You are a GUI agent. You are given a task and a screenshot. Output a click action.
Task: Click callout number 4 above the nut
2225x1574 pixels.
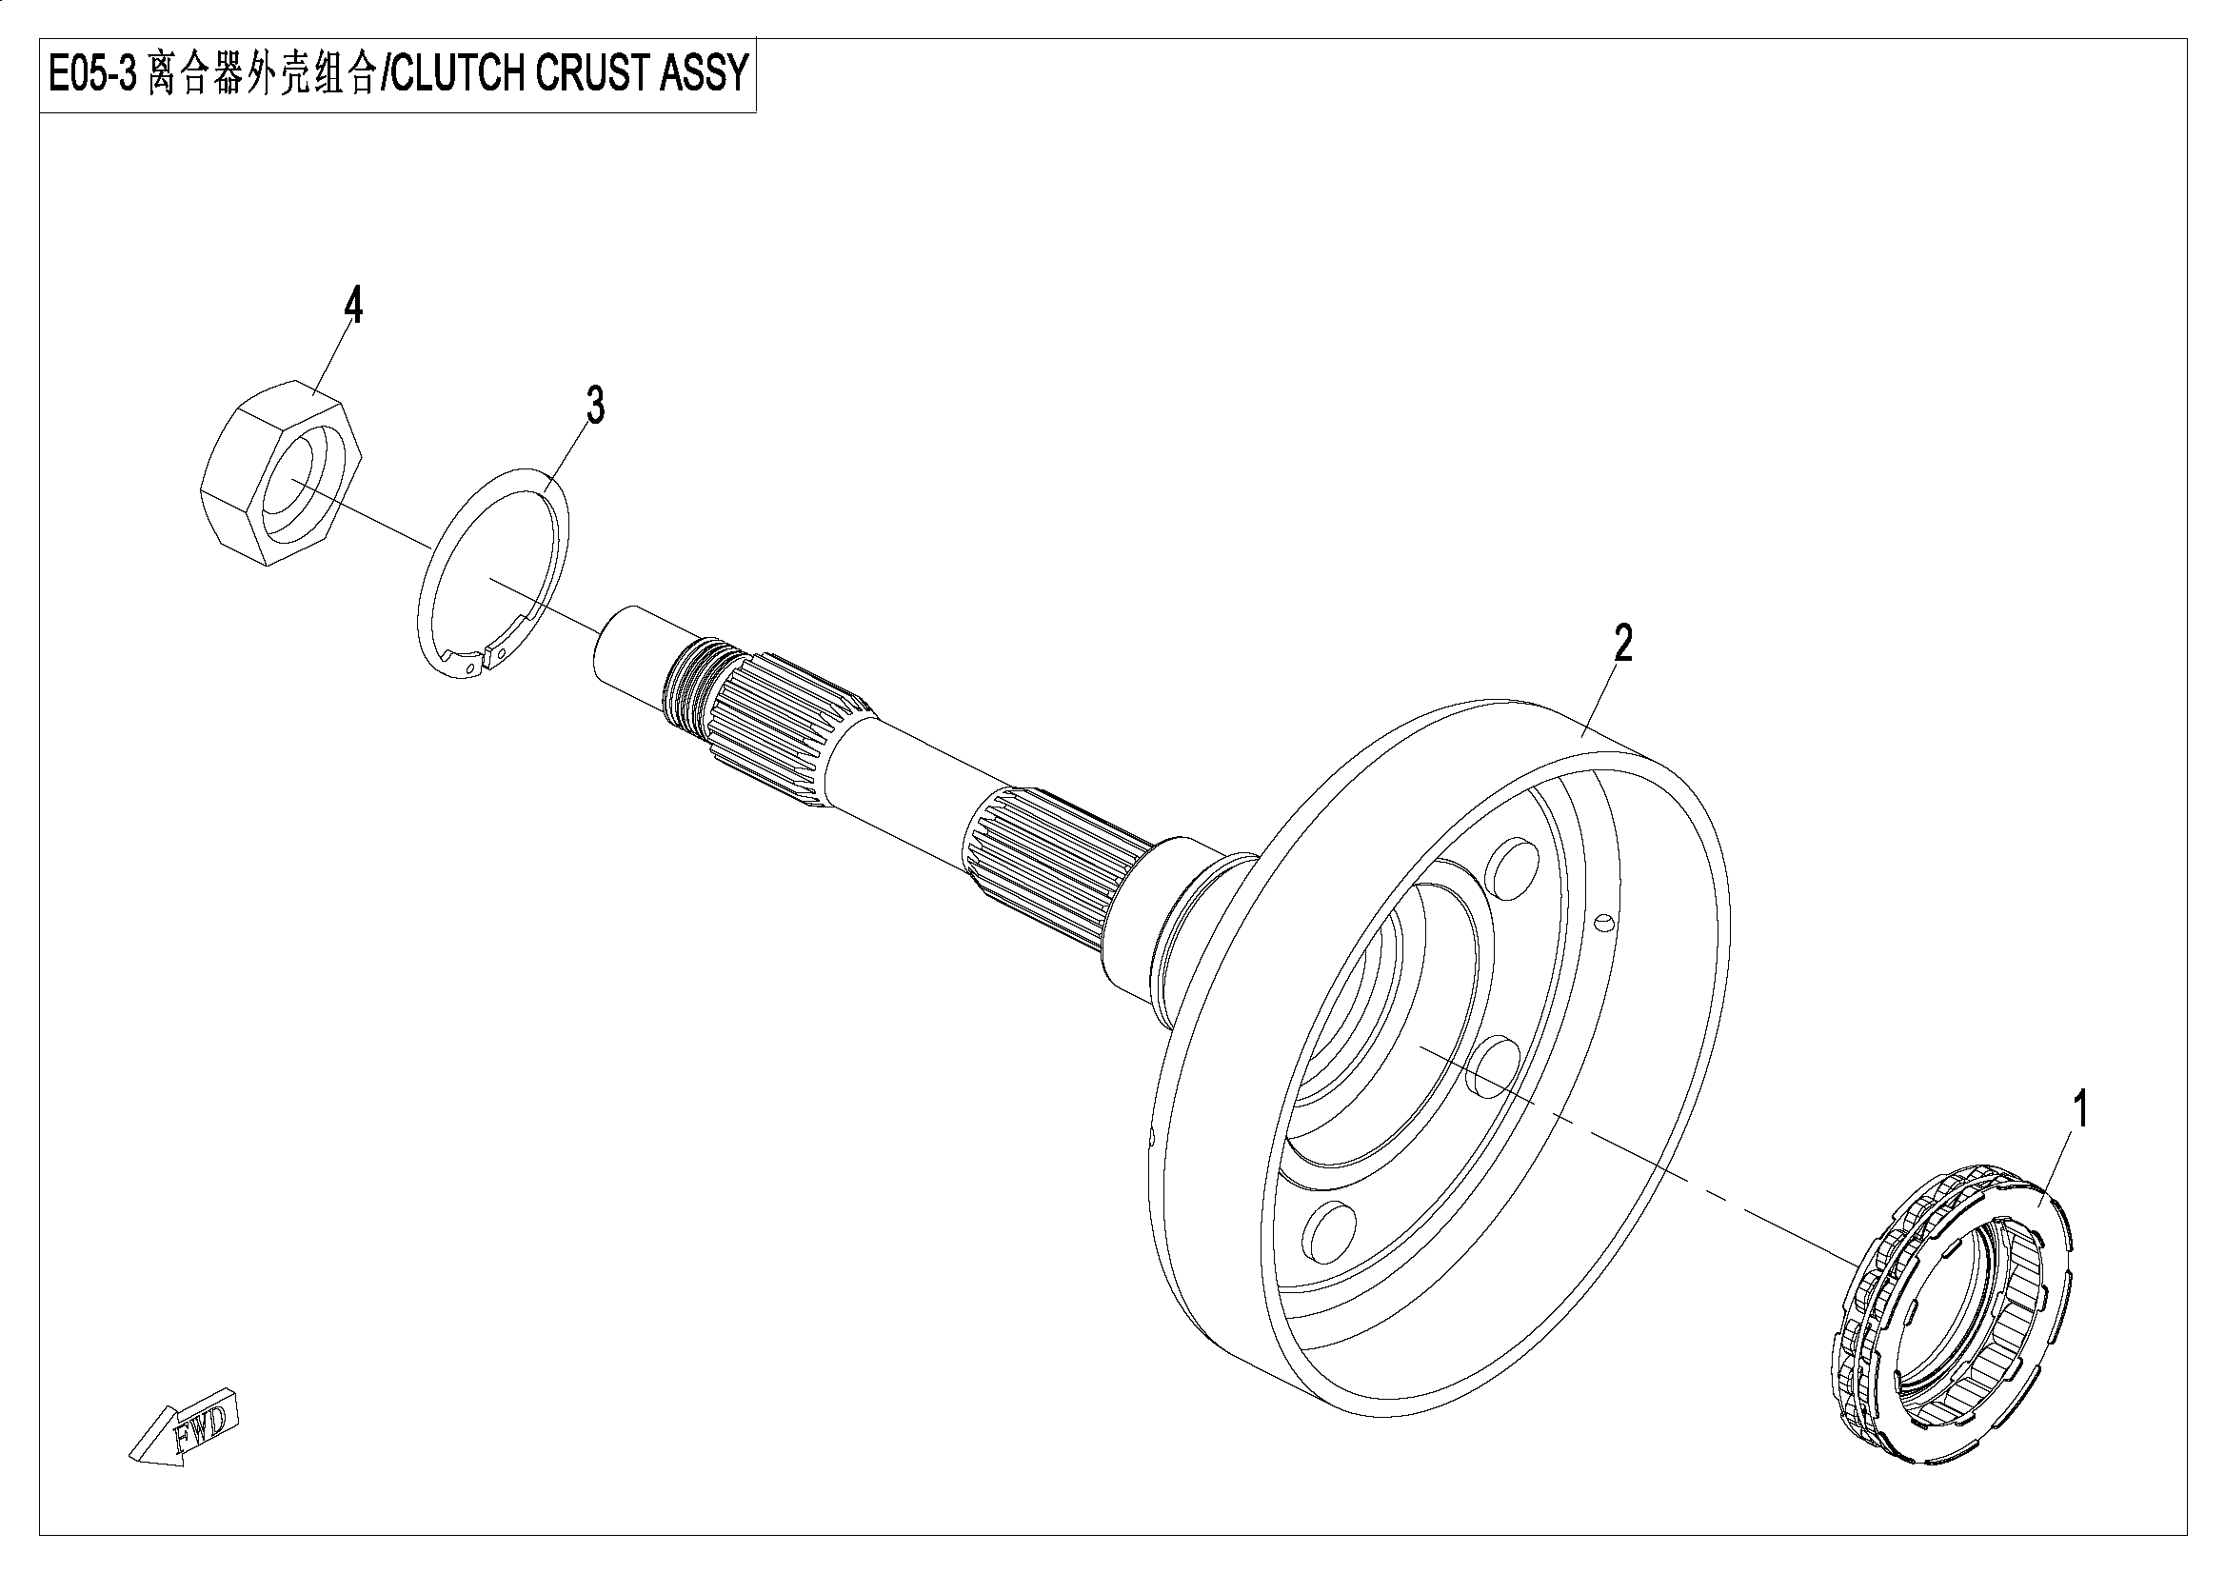354,307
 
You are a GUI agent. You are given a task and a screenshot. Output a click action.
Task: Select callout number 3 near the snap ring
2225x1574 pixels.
595,405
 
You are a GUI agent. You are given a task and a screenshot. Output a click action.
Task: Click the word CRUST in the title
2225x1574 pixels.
591,75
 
